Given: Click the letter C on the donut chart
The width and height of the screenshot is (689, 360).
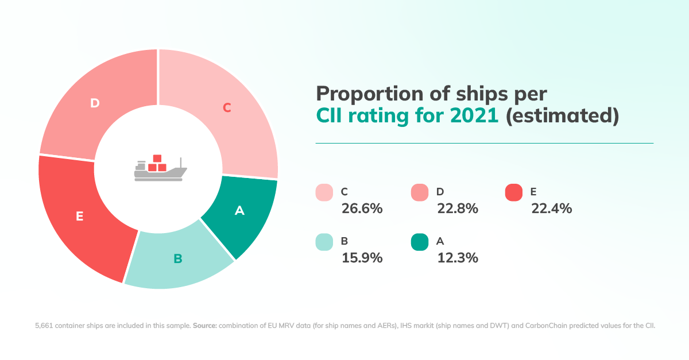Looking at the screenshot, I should point(227,107).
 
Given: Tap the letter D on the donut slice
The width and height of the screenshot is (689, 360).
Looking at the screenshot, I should point(95,103).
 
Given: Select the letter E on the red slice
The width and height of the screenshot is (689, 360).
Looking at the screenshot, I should point(80,216).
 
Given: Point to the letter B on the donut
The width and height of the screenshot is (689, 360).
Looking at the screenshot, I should point(178,259).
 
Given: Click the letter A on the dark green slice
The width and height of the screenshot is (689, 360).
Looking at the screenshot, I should point(239,211).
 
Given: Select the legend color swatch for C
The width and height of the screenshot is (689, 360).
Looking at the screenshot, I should point(324,192).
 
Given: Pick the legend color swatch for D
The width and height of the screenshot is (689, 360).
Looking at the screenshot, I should point(420,192).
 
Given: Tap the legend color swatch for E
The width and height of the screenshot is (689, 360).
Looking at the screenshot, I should point(513,192).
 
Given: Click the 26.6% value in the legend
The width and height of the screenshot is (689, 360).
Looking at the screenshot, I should point(362,208).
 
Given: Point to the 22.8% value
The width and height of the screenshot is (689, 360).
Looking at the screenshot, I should point(458,208).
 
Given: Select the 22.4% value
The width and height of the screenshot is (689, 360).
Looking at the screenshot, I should point(551,208).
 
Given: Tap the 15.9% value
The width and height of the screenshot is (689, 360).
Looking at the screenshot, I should point(362,258).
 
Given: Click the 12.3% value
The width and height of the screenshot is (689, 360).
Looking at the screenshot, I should point(458,258).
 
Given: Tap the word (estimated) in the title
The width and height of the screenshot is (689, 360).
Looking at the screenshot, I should point(562,116).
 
